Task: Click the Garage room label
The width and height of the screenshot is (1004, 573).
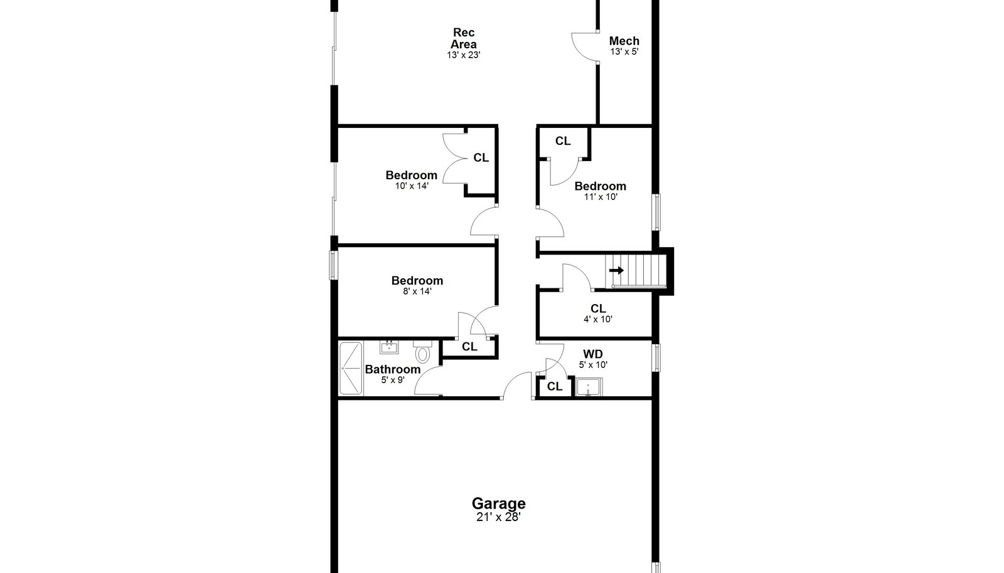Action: [498, 503]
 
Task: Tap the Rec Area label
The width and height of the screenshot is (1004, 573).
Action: [464, 38]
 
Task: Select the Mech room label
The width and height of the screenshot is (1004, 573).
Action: [624, 41]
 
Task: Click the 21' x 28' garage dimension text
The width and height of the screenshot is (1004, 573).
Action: [498, 517]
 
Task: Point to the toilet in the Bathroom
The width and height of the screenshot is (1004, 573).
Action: [422, 352]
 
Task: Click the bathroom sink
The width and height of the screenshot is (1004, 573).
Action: [389, 347]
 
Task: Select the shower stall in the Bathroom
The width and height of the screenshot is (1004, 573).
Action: [351, 369]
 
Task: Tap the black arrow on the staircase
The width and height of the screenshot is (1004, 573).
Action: [617, 270]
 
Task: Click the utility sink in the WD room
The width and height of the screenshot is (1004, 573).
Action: [589, 387]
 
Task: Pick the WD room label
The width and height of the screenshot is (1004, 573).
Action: [593, 354]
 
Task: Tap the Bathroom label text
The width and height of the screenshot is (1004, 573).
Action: [393, 369]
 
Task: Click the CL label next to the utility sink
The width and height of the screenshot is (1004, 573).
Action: [555, 386]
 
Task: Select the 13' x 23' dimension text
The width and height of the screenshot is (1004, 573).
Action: [464, 55]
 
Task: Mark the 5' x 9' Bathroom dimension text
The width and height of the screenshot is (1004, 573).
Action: [393, 380]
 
